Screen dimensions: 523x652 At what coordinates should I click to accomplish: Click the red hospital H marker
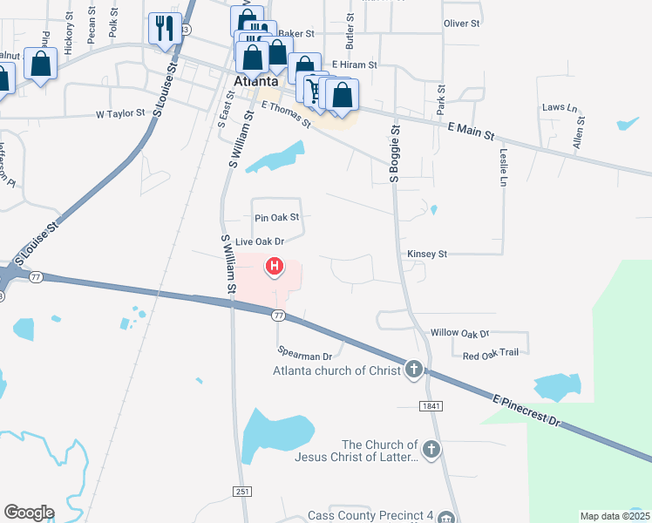pos(275,265)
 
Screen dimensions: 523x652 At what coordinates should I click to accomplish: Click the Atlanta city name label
pos(256,82)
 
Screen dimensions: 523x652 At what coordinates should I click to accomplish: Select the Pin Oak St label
pos(276,217)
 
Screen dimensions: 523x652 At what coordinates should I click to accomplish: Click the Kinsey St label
pos(426,254)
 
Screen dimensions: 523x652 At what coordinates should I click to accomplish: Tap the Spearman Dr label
pos(305,356)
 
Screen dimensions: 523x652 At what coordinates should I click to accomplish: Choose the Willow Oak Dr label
pos(460,333)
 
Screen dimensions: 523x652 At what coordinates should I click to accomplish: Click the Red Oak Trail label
pos(491,355)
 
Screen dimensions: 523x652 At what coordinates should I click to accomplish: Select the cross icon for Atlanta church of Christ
pos(414,370)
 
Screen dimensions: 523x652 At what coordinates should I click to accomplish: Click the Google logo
pos(29,513)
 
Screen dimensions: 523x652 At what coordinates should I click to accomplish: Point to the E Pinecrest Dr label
pos(525,407)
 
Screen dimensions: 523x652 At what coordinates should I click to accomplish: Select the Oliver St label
pos(462,24)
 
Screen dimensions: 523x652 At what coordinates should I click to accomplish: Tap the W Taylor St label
pos(119,114)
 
